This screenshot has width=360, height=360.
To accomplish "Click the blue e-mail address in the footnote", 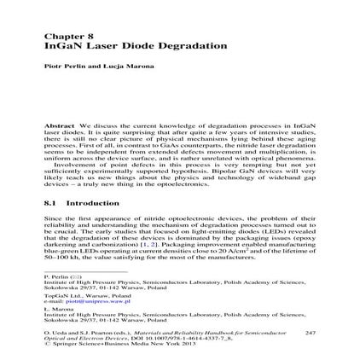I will click(90, 301).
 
